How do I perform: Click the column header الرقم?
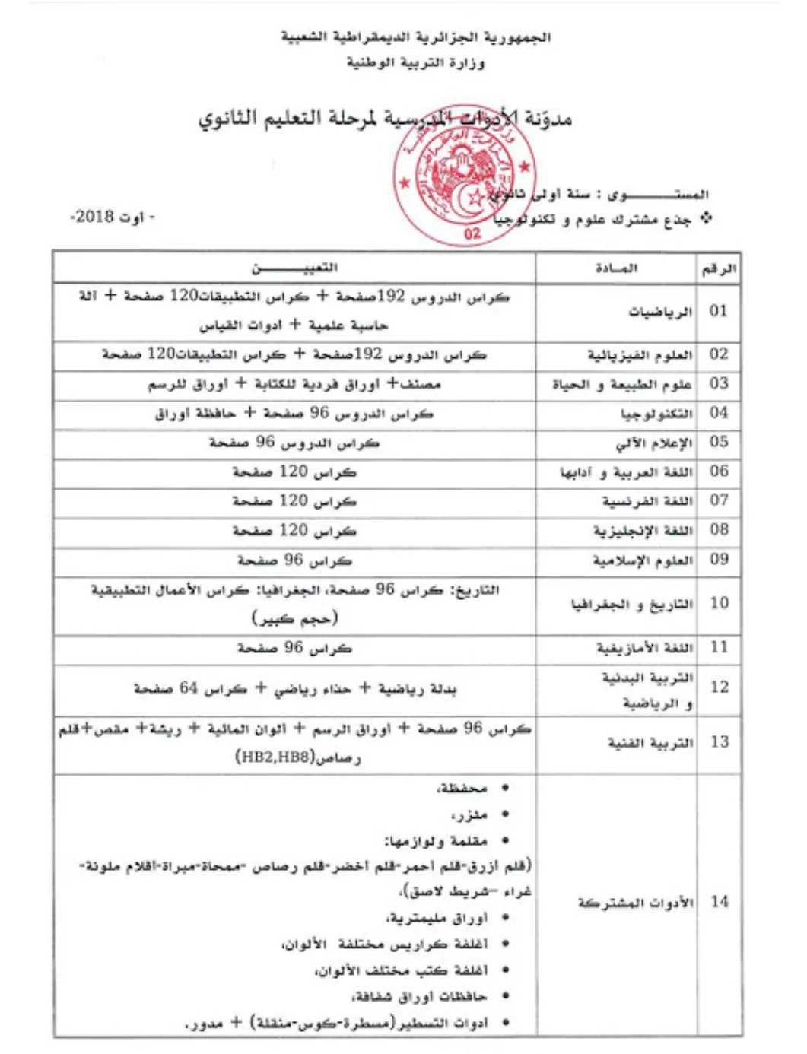tap(718, 268)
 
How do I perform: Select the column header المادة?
tap(616, 268)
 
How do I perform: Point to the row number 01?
tap(718, 311)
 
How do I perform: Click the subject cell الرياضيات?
tap(659, 312)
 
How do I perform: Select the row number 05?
tap(718, 443)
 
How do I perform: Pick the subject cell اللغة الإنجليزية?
tap(643, 530)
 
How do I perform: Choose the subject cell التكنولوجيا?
tap(656, 414)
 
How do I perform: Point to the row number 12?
tap(719, 687)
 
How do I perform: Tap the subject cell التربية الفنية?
tap(650, 742)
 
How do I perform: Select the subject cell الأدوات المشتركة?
tap(635, 903)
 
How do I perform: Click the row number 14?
tap(719, 903)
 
